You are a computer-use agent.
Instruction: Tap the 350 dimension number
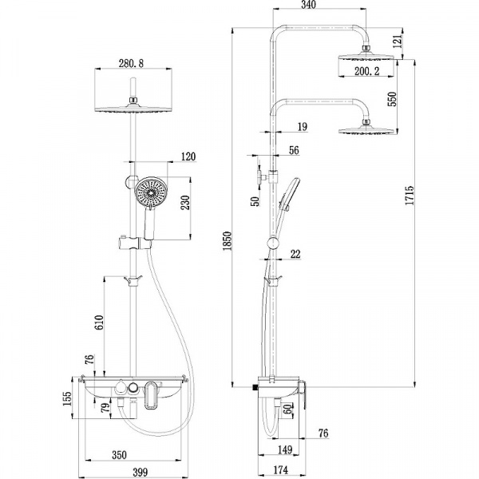pos(119,455)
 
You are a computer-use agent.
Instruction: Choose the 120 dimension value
pos(188,157)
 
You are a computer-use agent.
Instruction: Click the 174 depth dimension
pos(280,470)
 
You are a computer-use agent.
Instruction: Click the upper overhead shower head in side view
pos(366,58)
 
